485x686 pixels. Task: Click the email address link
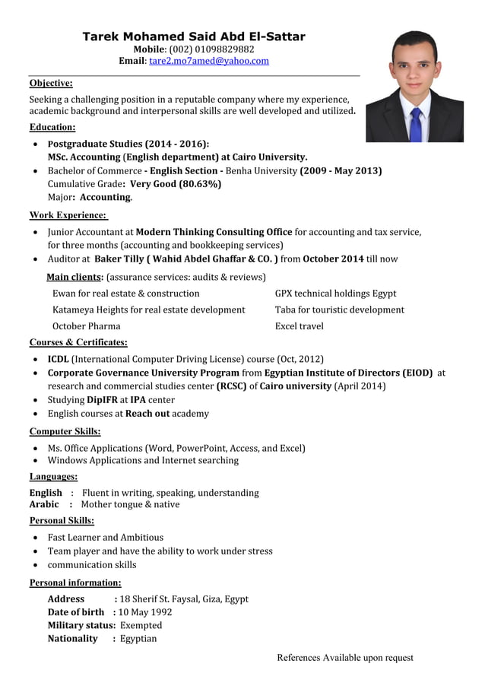(209, 61)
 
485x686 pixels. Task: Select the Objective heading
(51, 83)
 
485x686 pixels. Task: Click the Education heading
(52, 127)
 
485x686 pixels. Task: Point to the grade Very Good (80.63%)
(176, 184)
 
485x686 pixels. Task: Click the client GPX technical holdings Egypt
(335, 294)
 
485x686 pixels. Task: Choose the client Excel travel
(299, 326)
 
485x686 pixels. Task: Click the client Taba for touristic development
(339, 310)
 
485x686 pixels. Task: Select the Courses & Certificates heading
(78, 342)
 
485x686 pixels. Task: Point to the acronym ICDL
(59, 359)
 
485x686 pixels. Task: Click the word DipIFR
(101, 399)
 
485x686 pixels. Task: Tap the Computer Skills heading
(65, 431)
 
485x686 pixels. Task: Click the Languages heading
(53, 476)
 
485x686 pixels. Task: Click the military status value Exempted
(141, 625)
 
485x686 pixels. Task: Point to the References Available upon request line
(345, 658)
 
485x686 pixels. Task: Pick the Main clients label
(74, 277)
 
